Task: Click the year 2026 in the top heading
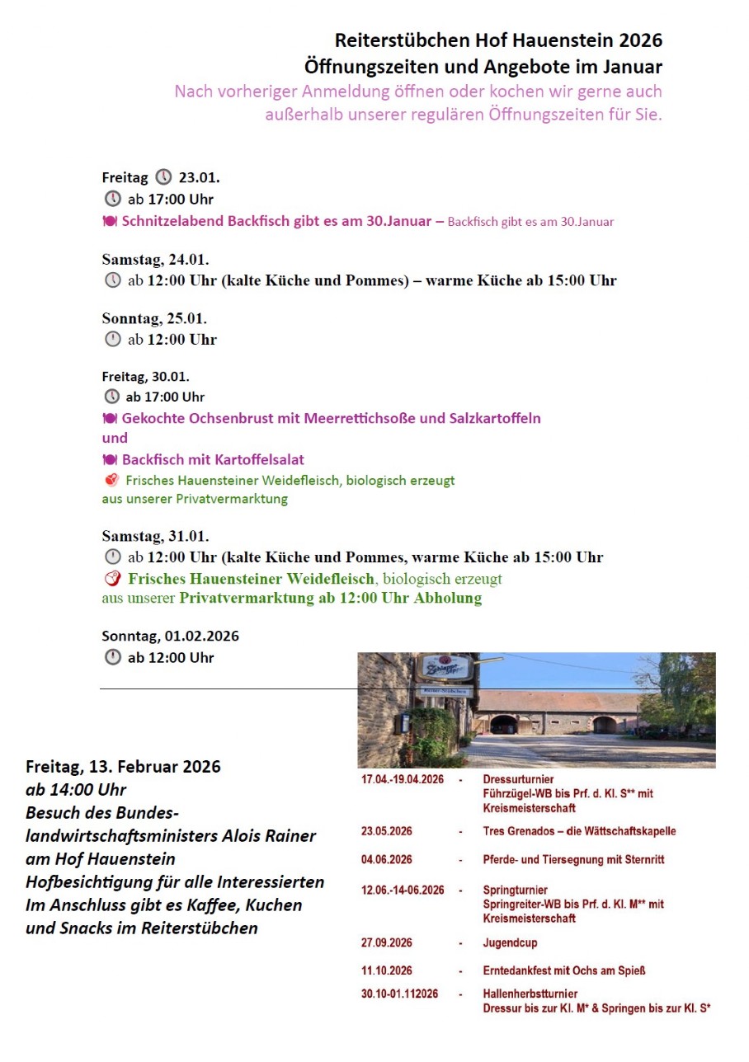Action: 640,40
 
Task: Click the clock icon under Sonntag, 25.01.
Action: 112,339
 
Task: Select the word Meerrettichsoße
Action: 359,418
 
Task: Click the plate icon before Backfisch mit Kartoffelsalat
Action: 110,459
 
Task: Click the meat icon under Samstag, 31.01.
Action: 112,578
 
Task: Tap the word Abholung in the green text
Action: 450,599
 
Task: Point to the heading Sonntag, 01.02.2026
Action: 170,637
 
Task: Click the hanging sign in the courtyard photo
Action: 444,667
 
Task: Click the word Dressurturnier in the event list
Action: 518,779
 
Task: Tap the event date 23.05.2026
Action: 387,831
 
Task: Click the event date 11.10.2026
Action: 387,970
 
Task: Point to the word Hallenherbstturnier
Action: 530,994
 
